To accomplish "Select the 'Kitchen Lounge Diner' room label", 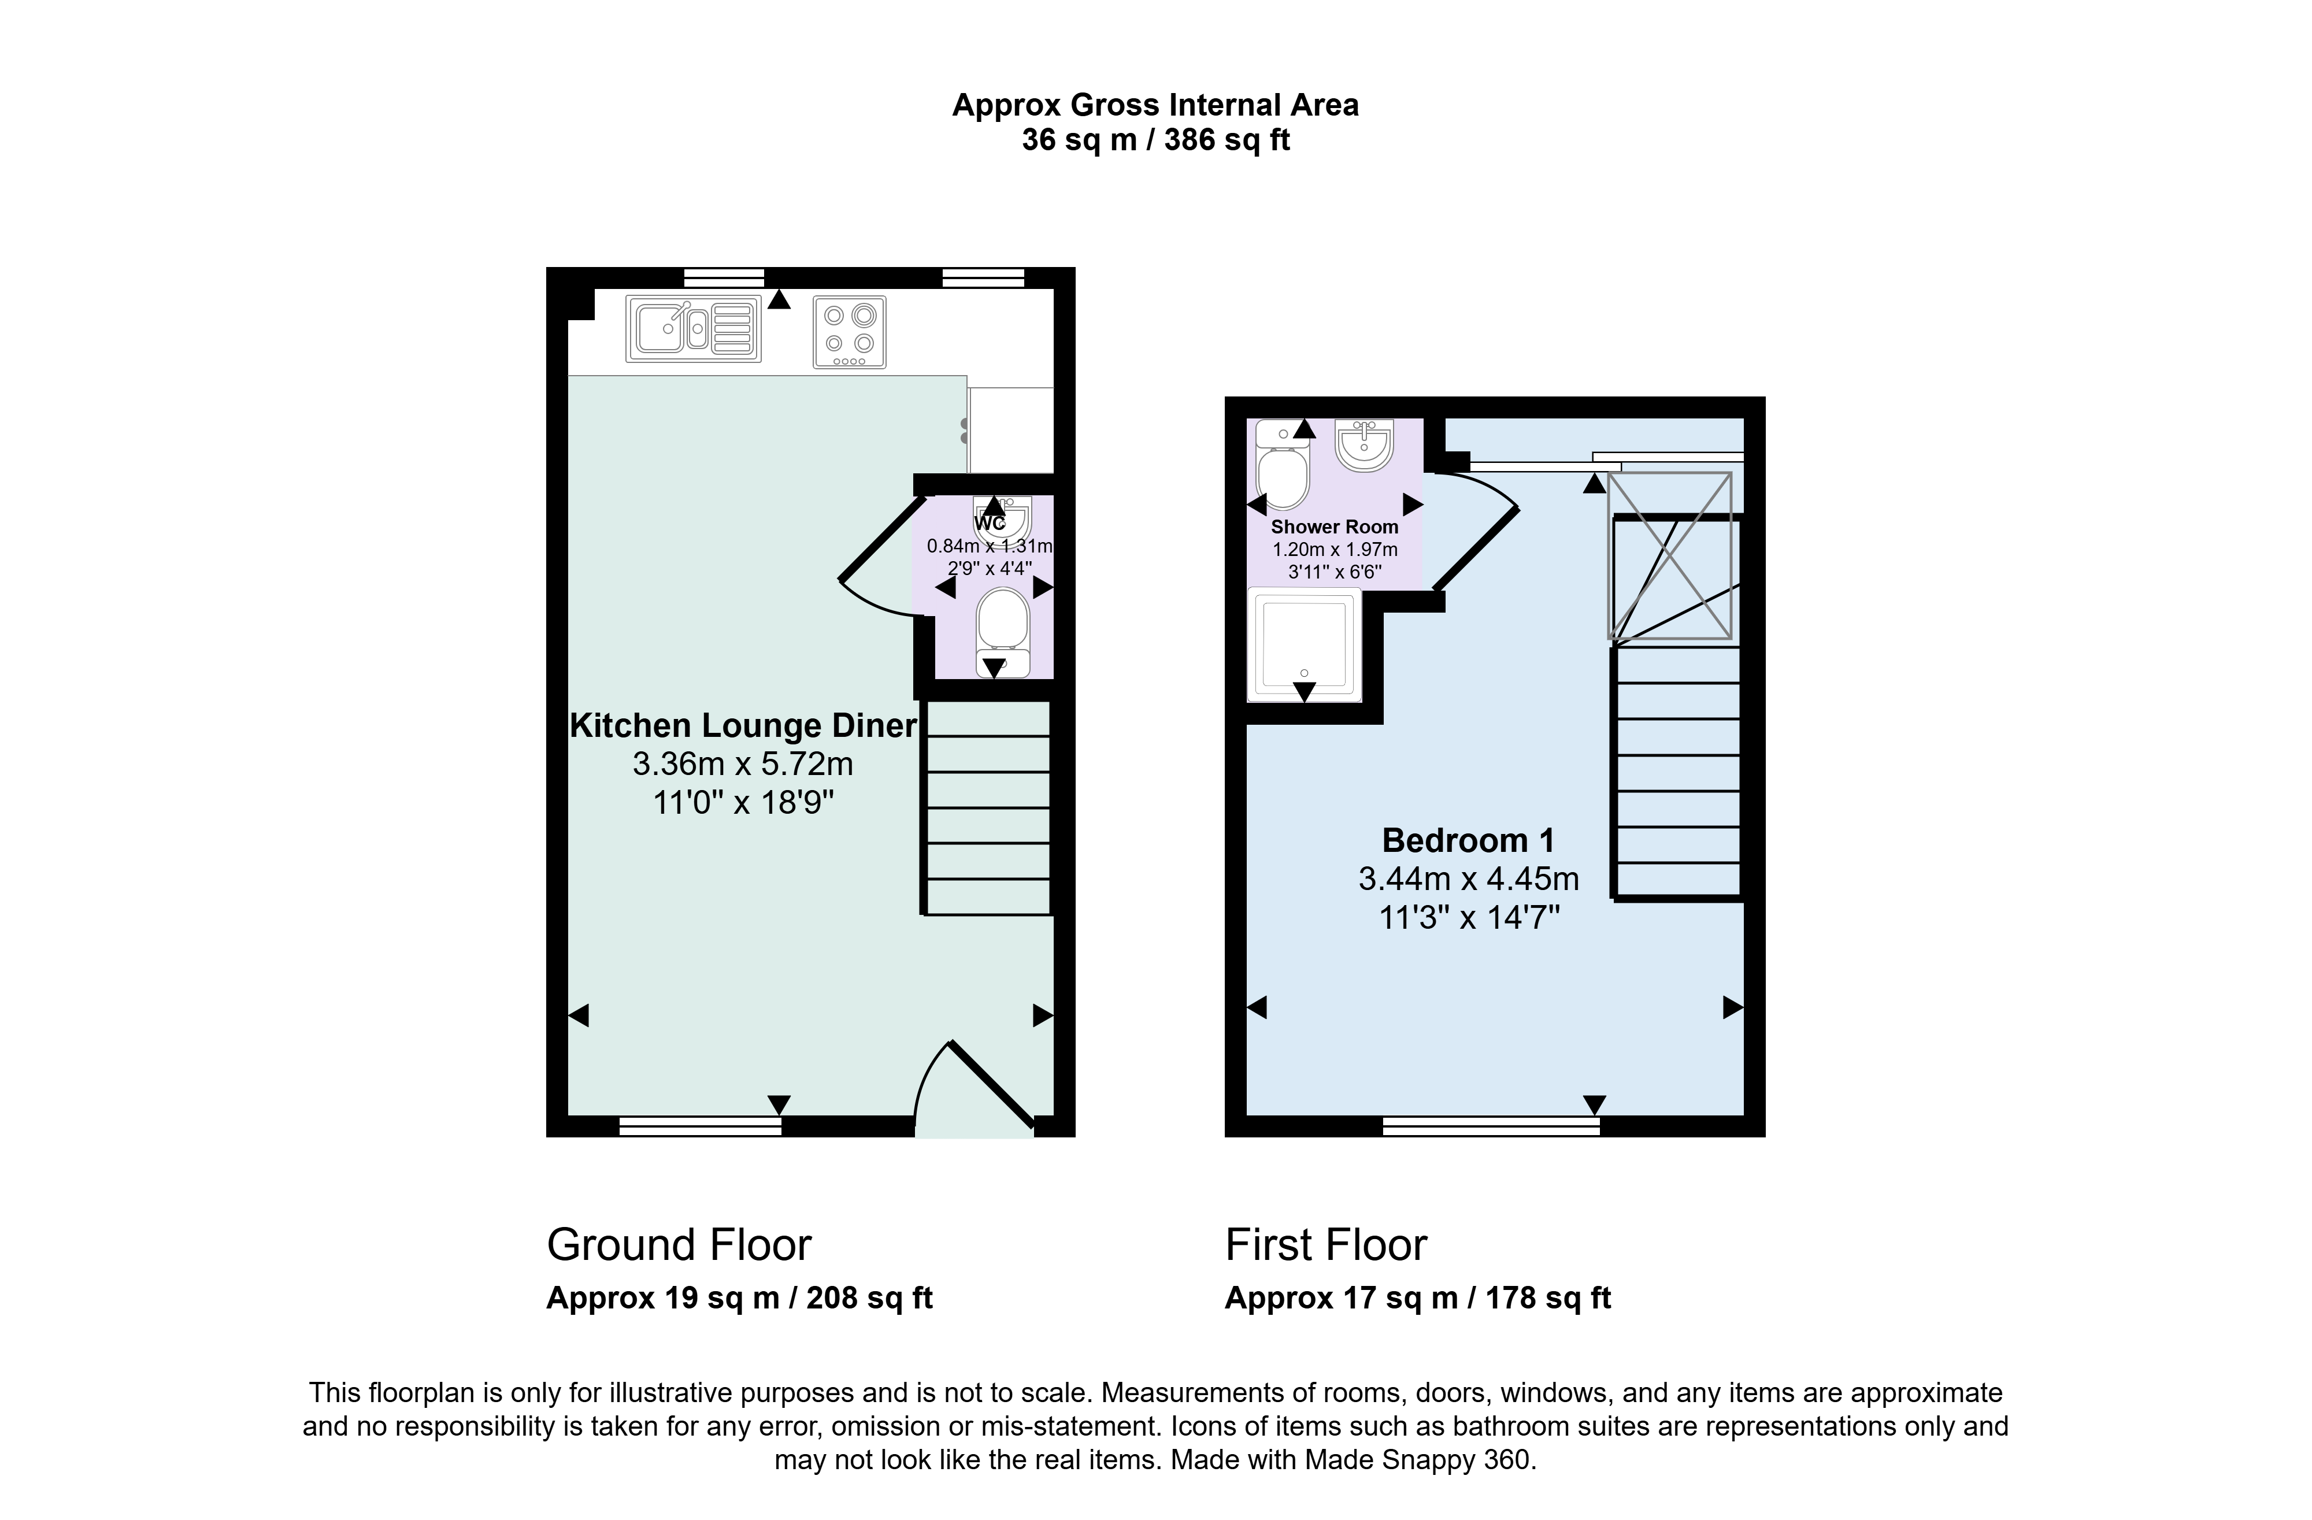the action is [743, 725].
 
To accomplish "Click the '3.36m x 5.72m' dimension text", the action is [743, 765].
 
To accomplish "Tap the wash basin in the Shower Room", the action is [1365, 446].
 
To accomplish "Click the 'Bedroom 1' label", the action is [1468, 840].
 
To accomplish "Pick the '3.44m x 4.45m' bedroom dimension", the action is [1468, 879].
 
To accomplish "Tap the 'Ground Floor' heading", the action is [679, 1245].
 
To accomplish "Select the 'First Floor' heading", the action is [1326, 1245].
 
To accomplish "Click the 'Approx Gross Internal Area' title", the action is [1155, 105].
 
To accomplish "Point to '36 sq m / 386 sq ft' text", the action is [1155, 140].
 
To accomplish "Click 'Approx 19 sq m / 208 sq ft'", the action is [739, 1299].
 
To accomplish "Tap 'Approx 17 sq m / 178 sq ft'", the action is [1417, 1299].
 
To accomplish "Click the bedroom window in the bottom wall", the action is [1491, 1126].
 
